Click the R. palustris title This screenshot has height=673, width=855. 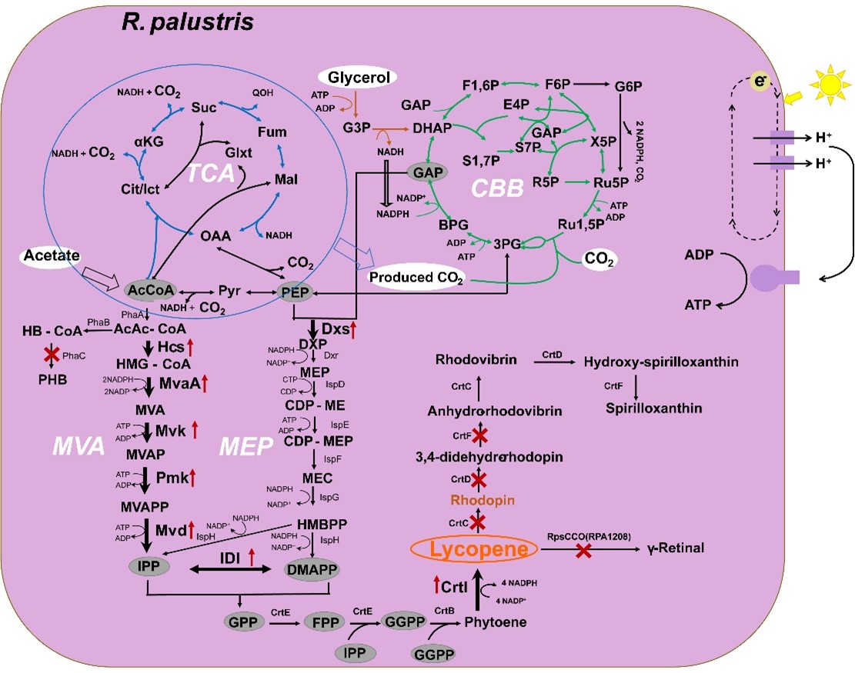point(189,23)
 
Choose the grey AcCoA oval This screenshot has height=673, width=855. point(149,292)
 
